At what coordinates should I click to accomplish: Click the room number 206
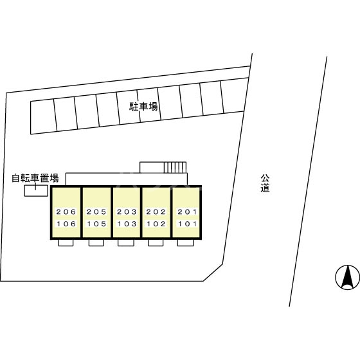click(66, 212)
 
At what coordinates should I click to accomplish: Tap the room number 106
click(66, 224)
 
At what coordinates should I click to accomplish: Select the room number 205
click(96, 212)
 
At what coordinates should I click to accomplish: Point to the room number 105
click(96, 224)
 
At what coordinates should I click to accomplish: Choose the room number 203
click(127, 212)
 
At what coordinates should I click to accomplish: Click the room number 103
click(127, 224)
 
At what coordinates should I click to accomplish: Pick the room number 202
click(156, 212)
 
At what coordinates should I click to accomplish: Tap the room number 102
click(156, 224)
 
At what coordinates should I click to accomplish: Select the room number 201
click(187, 212)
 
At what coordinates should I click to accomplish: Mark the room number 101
click(187, 224)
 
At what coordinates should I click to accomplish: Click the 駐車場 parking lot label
click(143, 107)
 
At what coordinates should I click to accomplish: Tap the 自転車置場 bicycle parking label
click(35, 178)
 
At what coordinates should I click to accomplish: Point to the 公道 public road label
click(265, 183)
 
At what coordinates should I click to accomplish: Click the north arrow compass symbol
click(347, 277)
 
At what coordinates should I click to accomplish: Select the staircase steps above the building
click(175, 167)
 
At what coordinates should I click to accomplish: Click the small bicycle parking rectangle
click(36, 190)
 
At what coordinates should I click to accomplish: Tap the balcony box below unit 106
click(66, 243)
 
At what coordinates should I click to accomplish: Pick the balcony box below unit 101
click(186, 243)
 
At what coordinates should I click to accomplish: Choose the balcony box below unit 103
click(126, 243)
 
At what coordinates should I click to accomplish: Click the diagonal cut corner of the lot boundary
click(213, 273)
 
